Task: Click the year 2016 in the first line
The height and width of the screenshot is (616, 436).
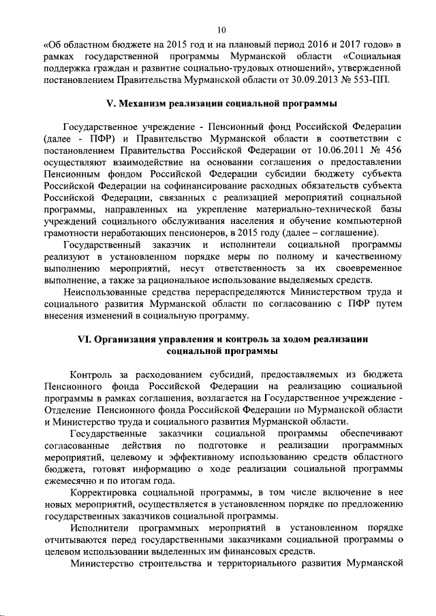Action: [308, 43]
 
